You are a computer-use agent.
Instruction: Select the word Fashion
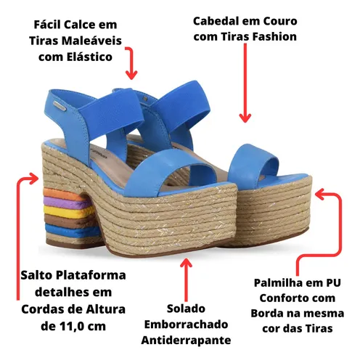[274, 37]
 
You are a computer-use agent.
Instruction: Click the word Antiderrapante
[186, 340]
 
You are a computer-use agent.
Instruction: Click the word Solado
[186, 309]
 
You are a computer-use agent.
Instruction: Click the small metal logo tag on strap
[60, 106]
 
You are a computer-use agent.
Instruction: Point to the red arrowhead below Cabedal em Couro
[245, 118]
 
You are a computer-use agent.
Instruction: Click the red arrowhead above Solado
[186, 263]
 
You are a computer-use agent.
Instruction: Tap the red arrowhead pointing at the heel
[34, 179]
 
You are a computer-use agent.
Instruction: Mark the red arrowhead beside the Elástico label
[131, 75]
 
